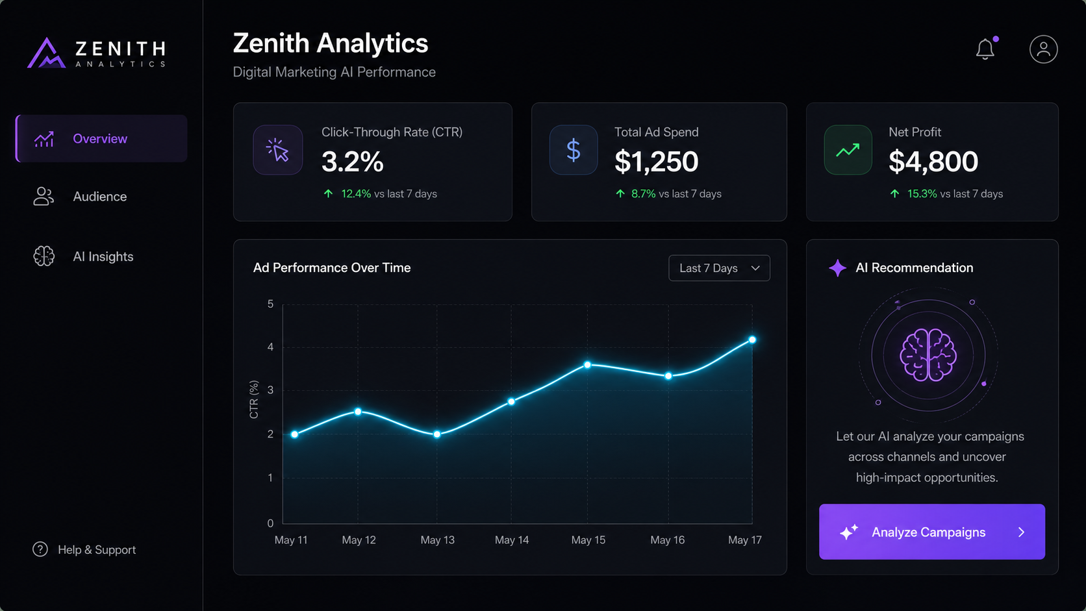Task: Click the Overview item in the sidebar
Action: (x=101, y=138)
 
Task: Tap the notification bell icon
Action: (x=985, y=49)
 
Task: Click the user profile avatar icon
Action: (x=1043, y=49)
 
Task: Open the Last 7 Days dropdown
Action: (x=719, y=268)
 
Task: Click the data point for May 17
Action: (x=752, y=340)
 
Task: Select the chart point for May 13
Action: (x=437, y=434)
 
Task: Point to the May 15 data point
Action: (x=587, y=364)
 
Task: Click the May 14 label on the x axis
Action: (x=511, y=540)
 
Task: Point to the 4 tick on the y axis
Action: (x=270, y=347)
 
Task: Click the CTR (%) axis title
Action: (x=254, y=399)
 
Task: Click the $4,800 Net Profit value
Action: (x=933, y=161)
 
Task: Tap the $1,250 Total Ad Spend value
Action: (x=657, y=161)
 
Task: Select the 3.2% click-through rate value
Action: (x=353, y=161)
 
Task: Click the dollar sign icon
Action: (x=574, y=150)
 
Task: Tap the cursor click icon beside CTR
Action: (x=278, y=150)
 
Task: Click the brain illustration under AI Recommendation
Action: (x=928, y=355)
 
